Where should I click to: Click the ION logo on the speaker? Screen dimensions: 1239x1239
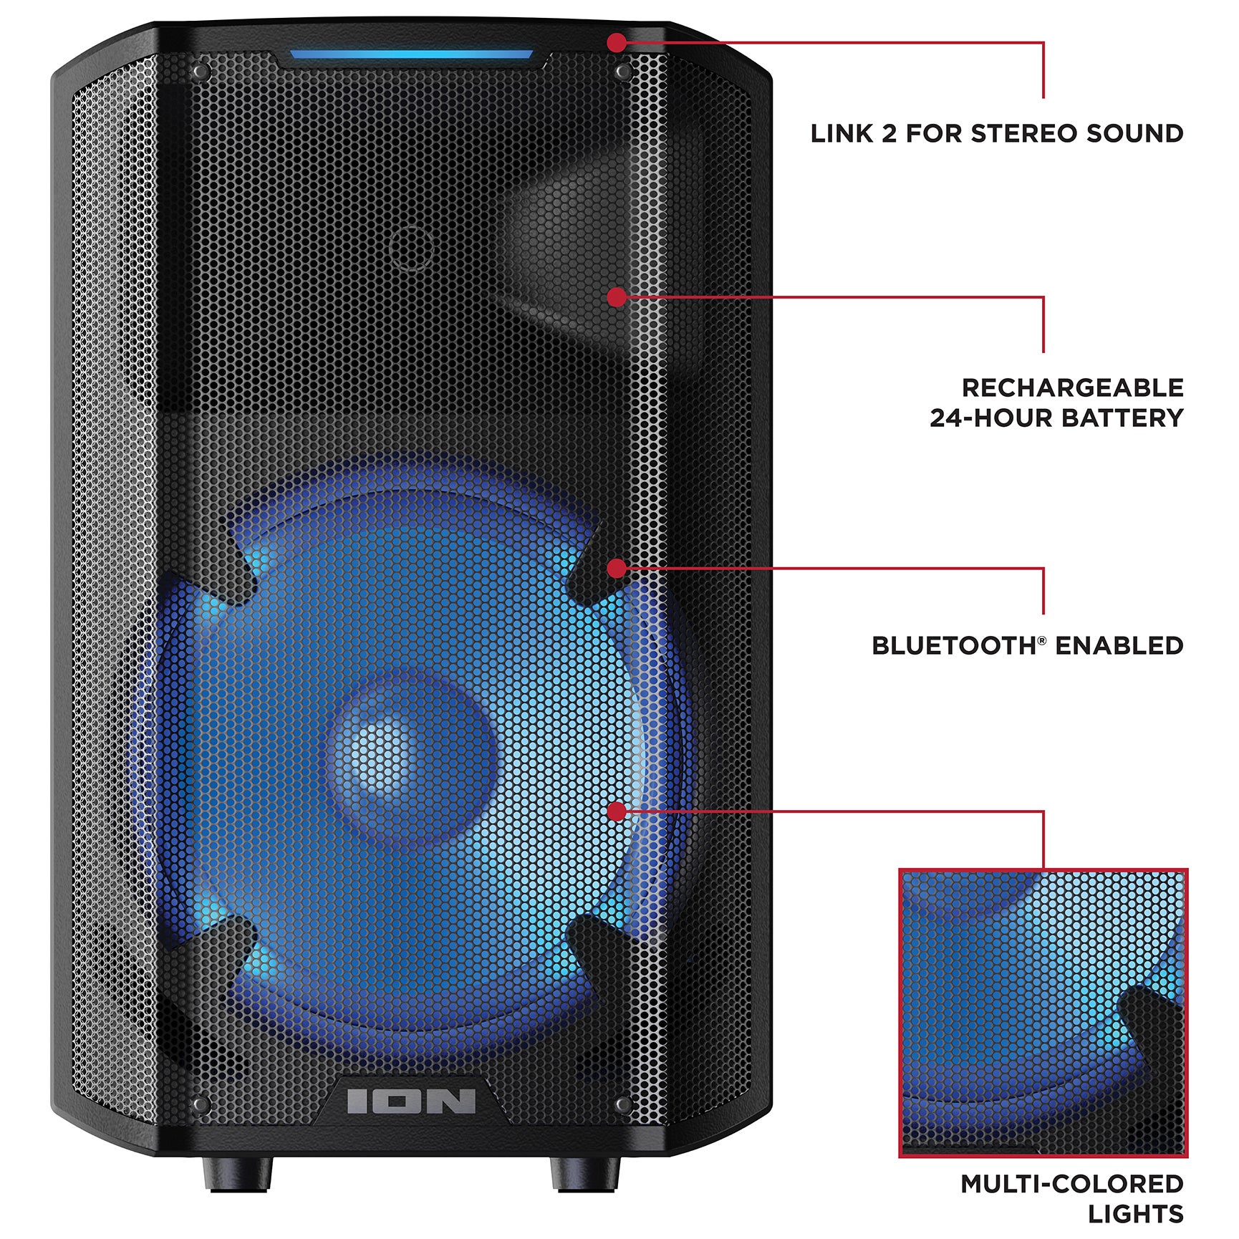(411, 1101)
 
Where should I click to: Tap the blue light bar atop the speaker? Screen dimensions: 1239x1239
(411, 54)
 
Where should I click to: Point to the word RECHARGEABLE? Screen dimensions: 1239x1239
(1072, 387)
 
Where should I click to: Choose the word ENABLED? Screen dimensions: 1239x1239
(1119, 646)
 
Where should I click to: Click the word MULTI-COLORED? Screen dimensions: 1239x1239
(1071, 1184)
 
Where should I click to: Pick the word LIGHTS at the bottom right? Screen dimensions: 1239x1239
(1135, 1214)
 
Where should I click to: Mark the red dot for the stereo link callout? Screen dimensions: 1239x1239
(616, 42)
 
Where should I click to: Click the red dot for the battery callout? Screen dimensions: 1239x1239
(616, 297)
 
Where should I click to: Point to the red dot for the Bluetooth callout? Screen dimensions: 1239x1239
(616, 569)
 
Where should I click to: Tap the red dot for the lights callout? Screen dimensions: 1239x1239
(616, 811)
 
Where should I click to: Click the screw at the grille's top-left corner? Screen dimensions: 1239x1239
(201, 72)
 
